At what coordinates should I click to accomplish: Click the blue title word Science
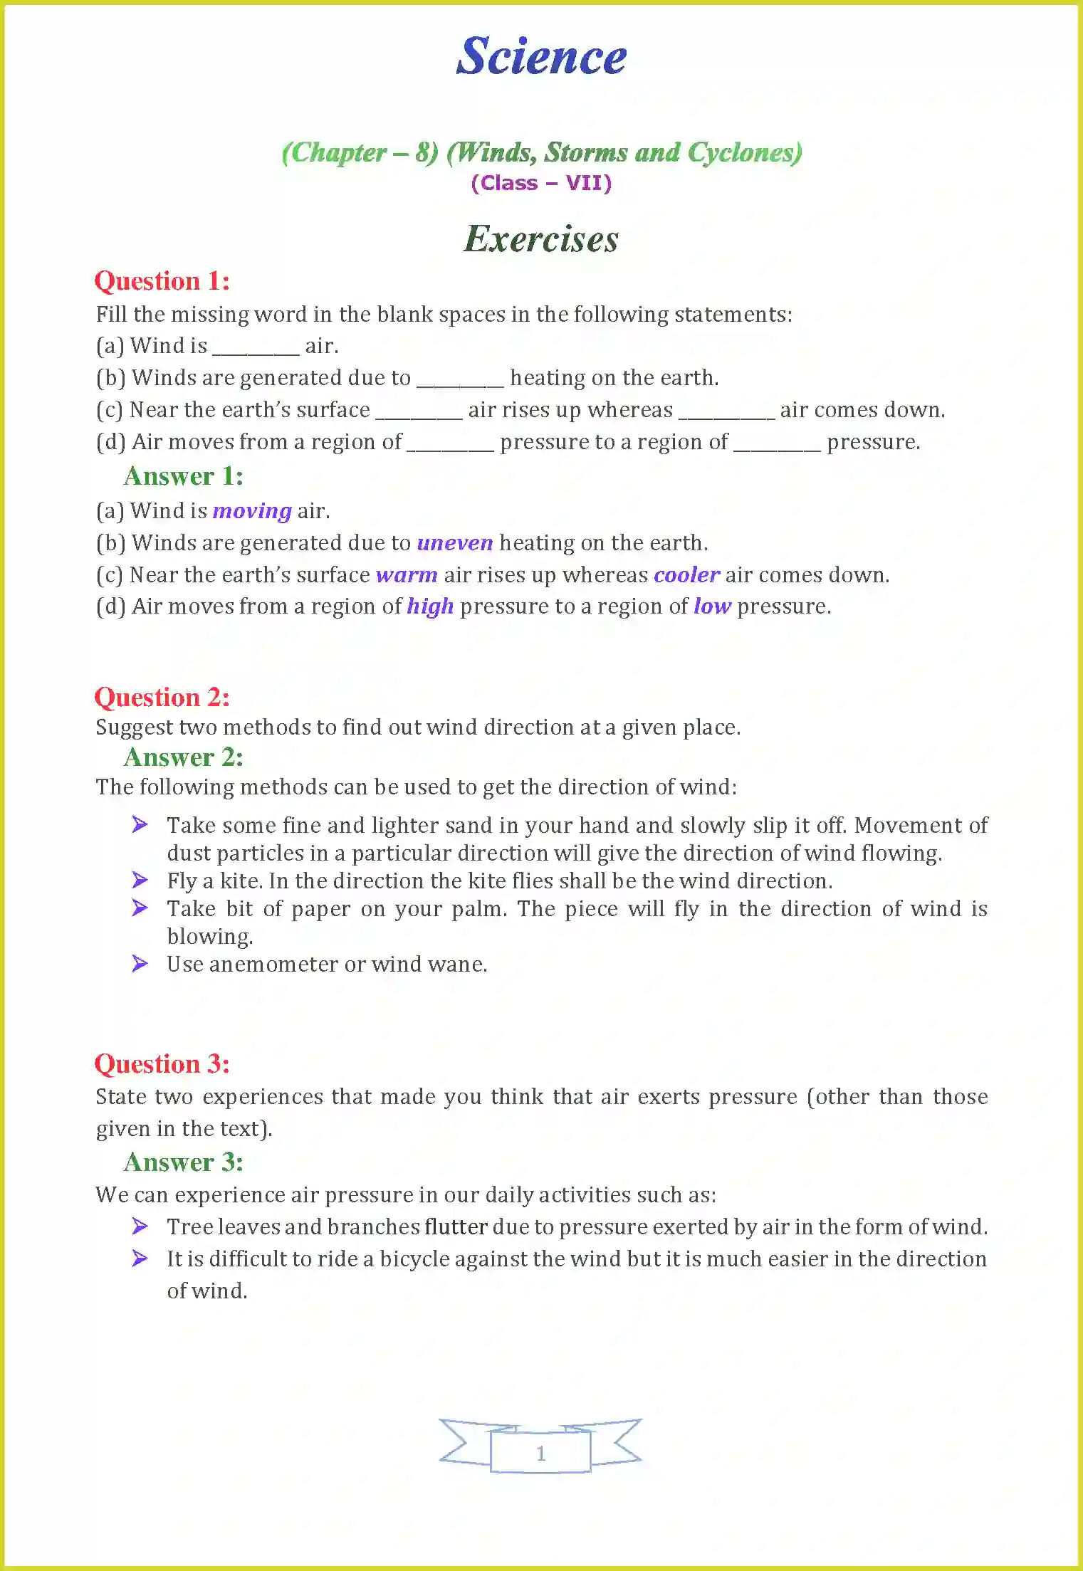tap(541, 57)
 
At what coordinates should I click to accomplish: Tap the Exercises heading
tap(541, 239)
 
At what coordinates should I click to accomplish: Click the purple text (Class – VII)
tap(541, 183)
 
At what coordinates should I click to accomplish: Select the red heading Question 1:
tap(162, 281)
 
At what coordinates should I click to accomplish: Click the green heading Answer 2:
tap(184, 757)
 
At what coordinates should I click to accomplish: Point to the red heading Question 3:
tap(162, 1064)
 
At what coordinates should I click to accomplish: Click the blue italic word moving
tap(252, 511)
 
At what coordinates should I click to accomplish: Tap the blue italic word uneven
tap(454, 543)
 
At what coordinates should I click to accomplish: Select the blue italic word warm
tap(407, 575)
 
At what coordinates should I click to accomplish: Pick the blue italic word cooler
tap(686, 575)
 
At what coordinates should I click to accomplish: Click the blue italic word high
tap(430, 606)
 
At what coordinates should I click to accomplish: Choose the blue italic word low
tap(712, 606)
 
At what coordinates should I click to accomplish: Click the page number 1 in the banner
tap(540, 1454)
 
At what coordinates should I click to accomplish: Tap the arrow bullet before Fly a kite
tap(140, 881)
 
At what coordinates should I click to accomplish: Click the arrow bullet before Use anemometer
tap(140, 964)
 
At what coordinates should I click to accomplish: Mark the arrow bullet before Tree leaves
tap(140, 1226)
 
